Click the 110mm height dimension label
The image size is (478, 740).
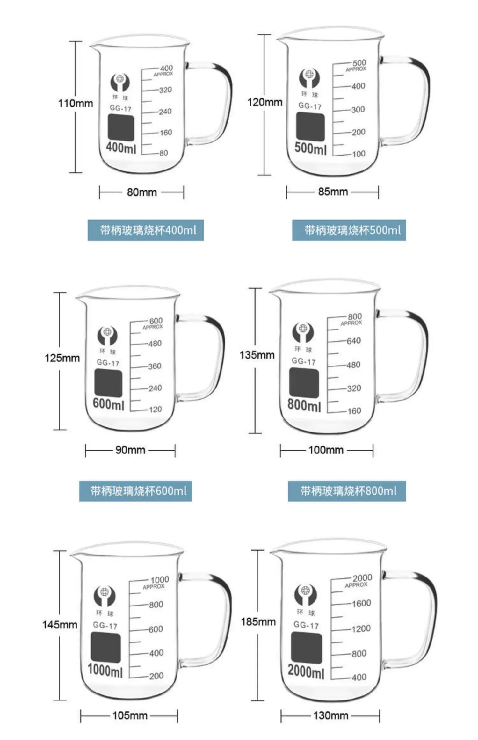[x=76, y=103]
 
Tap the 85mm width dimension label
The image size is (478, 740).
[x=333, y=192]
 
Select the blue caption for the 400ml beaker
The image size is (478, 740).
[x=146, y=230]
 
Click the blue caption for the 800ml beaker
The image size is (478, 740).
[x=347, y=491]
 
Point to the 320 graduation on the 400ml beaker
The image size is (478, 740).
[x=165, y=90]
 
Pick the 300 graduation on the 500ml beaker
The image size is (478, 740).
[x=358, y=109]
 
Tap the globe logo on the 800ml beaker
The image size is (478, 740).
[x=303, y=332]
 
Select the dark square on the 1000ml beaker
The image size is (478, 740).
[x=106, y=647]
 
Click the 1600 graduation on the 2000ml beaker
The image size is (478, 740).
[x=361, y=603]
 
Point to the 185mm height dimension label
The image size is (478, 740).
[x=258, y=621]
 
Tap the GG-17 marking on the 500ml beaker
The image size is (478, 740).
[x=310, y=106]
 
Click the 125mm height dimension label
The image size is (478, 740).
[x=62, y=358]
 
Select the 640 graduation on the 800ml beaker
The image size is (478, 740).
[x=354, y=341]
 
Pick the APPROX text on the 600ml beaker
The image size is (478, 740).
[x=153, y=327]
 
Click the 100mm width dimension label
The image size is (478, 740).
[x=326, y=450]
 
